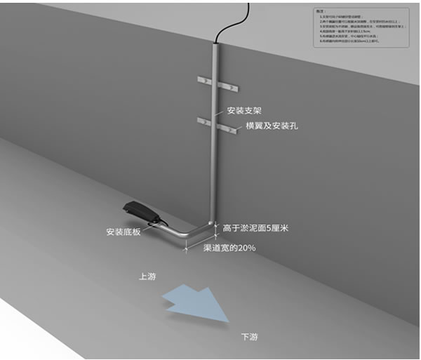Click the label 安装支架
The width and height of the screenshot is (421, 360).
245,111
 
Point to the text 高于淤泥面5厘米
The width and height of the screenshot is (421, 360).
255,227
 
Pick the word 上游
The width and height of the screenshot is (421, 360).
147,276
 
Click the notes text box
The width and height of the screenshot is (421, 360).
361,27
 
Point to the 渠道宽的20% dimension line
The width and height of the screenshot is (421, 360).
201,241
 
